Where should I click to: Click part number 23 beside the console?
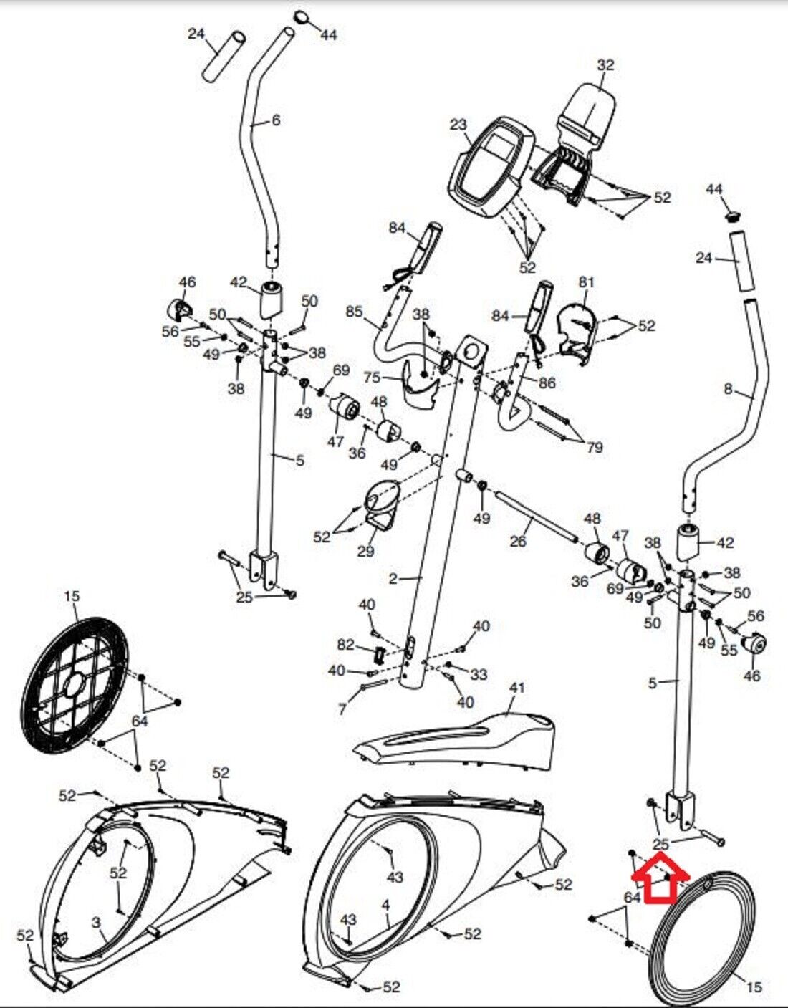click(458, 125)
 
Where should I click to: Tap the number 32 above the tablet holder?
click(605, 65)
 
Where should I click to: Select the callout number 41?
click(516, 688)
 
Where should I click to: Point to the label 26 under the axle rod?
click(518, 541)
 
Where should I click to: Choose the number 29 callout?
click(365, 551)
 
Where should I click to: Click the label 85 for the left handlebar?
click(355, 312)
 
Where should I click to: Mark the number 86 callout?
click(547, 383)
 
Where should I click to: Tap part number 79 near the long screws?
click(594, 448)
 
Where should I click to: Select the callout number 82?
click(346, 645)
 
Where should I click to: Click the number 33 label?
click(479, 674)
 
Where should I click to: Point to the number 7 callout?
click(342, 709)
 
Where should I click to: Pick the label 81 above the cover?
click(587, 282)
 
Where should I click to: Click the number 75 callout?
click(392, 378)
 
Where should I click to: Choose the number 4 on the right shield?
click(385, 906)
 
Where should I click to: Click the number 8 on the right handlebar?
click(728, 390)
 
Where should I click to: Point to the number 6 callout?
click(276, 120)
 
